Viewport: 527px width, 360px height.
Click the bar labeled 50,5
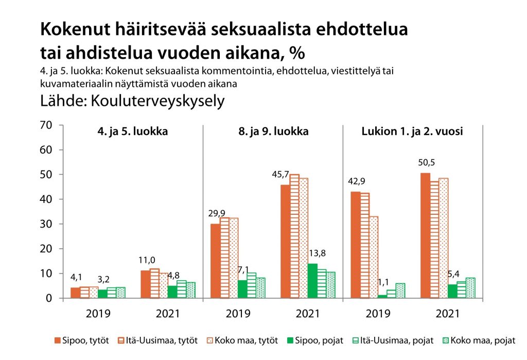[x=425, y=235]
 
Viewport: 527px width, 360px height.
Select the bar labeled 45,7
[x=285, y=241]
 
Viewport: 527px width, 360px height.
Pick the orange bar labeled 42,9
[x=355, y=245]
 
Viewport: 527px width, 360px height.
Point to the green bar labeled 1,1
[x=382, y=296]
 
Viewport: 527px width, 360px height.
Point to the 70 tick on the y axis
[x=46, y=125]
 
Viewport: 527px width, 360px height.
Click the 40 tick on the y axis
[x=46, y=199]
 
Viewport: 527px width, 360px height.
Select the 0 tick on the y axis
[x=49, y=298]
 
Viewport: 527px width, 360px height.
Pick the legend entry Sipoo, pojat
[x=317, y=340]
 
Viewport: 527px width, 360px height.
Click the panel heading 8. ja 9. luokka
[x=273, y=131]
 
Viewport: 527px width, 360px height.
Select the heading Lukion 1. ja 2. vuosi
[x=412, y=131]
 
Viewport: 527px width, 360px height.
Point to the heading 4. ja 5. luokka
[x=132, y=131]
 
